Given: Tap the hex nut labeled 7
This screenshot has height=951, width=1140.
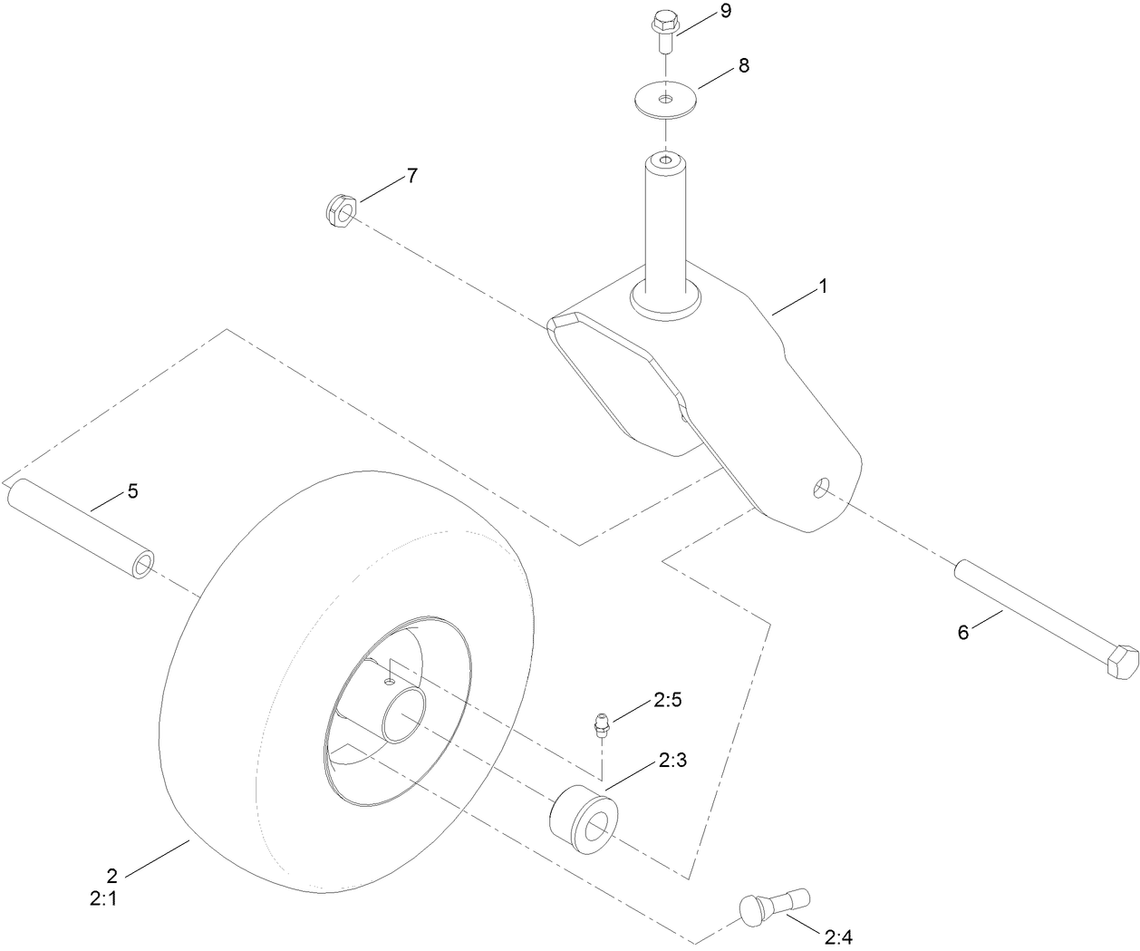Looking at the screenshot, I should (341, 212).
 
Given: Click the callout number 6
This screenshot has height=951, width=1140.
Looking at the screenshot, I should (963, 633).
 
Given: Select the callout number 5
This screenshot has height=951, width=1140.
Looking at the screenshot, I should (132, 491).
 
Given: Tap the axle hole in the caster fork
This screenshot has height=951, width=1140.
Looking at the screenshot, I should (820, 488).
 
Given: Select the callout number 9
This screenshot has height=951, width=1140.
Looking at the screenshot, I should (725, 12).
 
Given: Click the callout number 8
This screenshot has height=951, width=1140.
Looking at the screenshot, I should (743, 65).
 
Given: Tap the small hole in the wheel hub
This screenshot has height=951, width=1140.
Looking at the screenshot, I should (389, 679).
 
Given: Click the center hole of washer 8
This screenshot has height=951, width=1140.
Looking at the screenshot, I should (666, 97).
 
